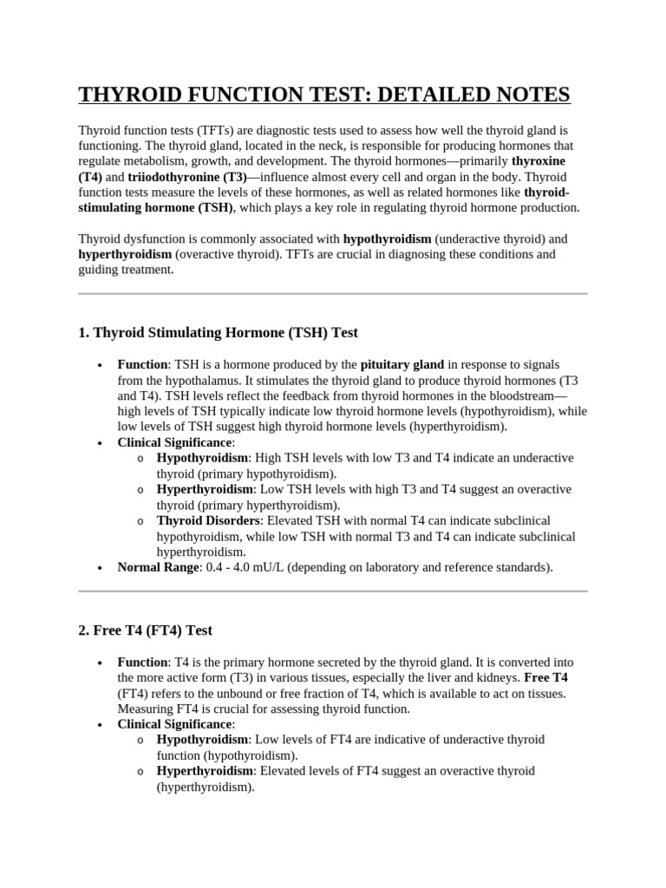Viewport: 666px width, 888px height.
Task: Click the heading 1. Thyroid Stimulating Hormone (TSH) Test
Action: (218, 332)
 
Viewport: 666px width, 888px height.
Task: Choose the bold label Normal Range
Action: (159, 567)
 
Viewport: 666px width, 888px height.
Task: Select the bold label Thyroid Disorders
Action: (208, 520)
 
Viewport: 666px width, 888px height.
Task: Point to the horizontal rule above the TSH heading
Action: (333, 294)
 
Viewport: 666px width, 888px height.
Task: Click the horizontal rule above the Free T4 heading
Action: (333, 591)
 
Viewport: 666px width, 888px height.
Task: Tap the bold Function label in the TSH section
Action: (142, 364)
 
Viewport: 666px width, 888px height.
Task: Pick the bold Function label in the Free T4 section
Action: (142, 662)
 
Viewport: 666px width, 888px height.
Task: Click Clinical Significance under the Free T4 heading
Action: (175, 724)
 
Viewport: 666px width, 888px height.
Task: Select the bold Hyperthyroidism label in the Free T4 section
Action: (205, 771)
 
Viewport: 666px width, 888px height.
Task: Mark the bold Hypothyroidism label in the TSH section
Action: (202, 458)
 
